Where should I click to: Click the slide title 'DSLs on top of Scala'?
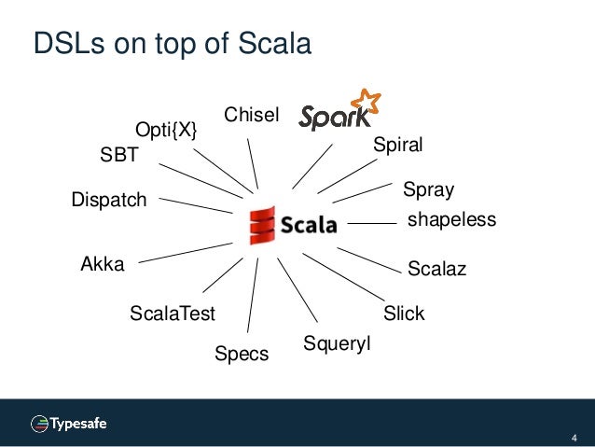click(172, 44)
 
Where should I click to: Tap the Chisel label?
click(252, 115)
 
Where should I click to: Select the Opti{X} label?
click(167, 131)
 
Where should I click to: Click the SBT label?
click(118, 157)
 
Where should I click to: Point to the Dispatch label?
click(109, 199)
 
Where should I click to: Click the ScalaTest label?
click(173, 314)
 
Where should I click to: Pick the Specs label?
click(242, 354)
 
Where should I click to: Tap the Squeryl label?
click(337, 344)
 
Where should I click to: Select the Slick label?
click(404, 314)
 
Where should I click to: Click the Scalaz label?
click(436, 270)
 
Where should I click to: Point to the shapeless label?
click(452, 220)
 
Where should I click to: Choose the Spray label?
click(428, 190)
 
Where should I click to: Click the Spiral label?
click(397, 145)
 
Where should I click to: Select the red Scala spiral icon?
click(263, 225)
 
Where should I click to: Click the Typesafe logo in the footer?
click(69, 423)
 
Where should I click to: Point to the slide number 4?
click(574, 438)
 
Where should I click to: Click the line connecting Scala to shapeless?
click(372, 224)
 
